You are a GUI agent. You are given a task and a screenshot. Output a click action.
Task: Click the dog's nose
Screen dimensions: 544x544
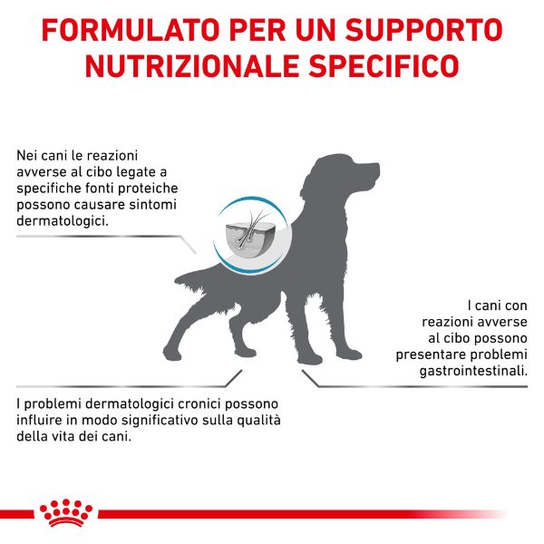[x=376, y=169]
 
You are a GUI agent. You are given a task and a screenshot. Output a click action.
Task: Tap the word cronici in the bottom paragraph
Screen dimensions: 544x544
[x=183, y=403]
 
